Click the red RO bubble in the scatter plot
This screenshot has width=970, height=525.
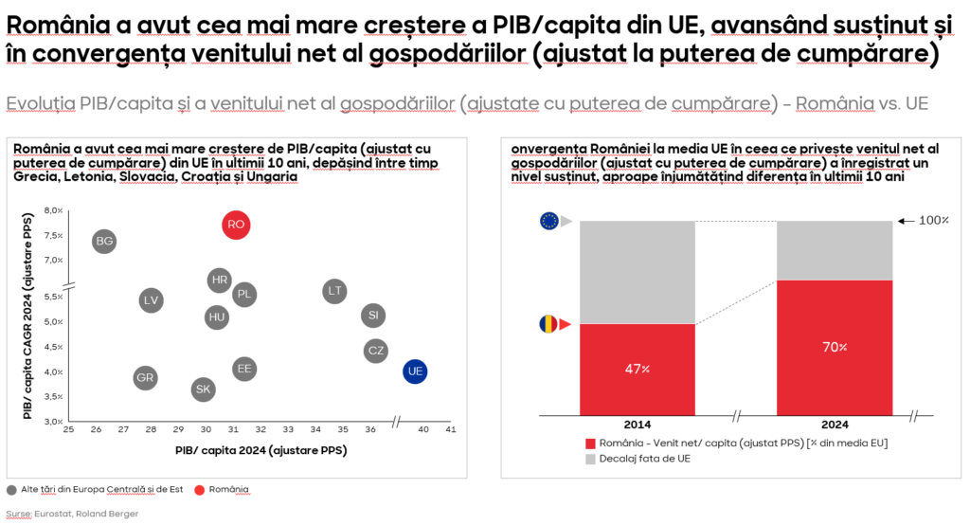point(237,225)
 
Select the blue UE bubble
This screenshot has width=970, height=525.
point(414,371)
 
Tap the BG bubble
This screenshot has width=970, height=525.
point(104,242)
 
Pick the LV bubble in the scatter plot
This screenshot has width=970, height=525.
point(151,300)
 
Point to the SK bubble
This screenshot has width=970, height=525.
point(203,389)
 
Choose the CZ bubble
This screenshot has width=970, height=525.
point(376,352)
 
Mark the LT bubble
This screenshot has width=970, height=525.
point(334,291)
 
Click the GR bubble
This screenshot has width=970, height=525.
point(145,377)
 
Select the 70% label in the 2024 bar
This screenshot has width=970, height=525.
point(835,348)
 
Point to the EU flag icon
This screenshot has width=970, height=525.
point(548,221)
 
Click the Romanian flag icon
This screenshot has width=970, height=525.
point(548,324)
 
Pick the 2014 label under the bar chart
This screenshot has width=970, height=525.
point(638,425)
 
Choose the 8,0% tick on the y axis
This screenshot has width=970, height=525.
point(52,210)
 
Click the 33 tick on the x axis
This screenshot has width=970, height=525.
point(288,429)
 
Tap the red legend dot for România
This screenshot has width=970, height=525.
point(199,490)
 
